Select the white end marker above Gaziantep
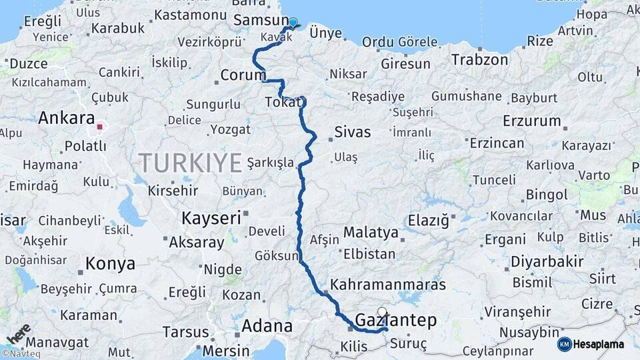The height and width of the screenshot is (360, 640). (x=382, y=311)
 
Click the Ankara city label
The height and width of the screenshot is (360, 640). (x=67, y=119)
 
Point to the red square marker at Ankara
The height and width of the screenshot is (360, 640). (x=100, y=126)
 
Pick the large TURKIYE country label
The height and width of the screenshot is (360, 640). (x=190, y=163)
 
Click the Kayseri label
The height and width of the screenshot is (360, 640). (x=211, y=217)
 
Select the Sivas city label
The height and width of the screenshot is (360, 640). (x=353, y=131)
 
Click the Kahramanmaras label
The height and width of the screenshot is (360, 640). (x=388, y=285)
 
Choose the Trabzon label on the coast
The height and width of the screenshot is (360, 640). (x=479, y=59)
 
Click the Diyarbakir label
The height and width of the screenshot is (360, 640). (x=547, y=261)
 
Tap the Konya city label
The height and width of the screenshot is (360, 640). (x=111, y=264)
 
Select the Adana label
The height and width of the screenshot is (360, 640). (x=267, y=326)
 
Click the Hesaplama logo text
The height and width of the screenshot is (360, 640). (x=598, y=344)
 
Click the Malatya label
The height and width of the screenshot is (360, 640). (x=371, y=233)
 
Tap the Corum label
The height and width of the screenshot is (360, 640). (x=243, y=75)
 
